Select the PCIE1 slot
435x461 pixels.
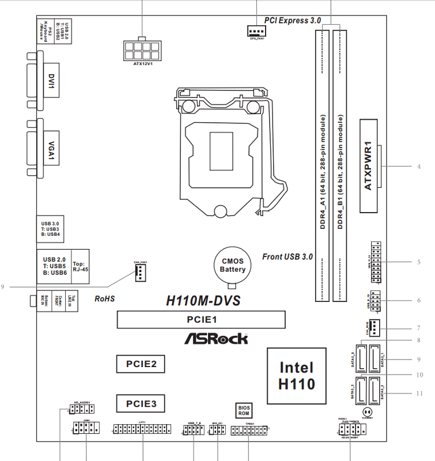coord(201,319)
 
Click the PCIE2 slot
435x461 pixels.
coord(141,364)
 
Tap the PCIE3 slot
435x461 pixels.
coord(141,403)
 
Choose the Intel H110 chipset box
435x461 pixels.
coord(296,375)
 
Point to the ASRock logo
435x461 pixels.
coord(216,338)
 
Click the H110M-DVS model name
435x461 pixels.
coord(202,300)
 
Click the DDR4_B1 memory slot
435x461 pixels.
coord(341,164)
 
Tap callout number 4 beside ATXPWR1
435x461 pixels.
coord(419,167)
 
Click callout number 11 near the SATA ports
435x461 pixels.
coord(419,394)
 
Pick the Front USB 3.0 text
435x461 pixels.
coord(287,256)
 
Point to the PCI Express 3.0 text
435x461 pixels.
coord(293,20)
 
